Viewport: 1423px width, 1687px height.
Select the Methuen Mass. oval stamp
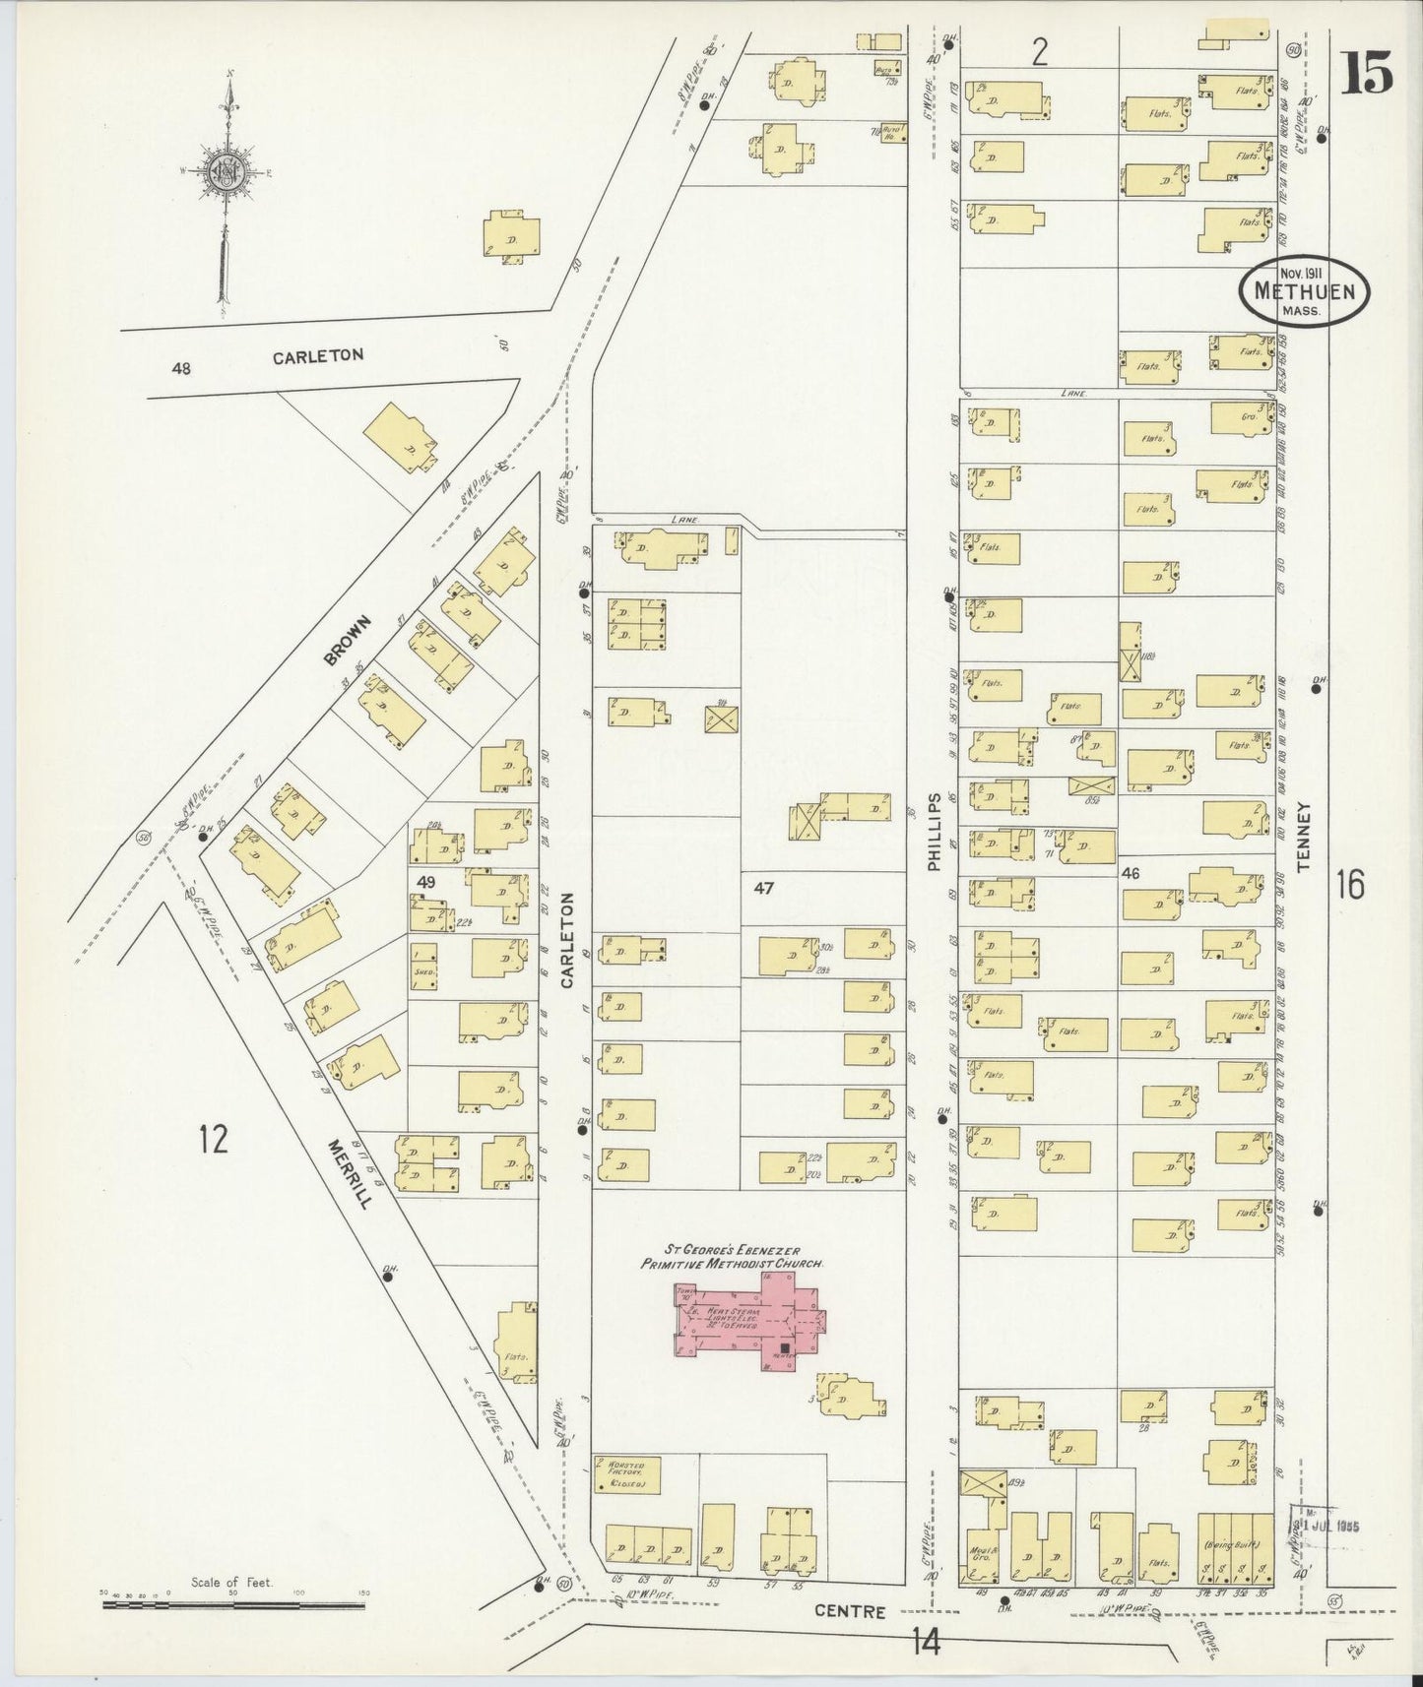click(1303, 291)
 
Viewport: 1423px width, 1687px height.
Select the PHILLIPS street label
click(934, 832)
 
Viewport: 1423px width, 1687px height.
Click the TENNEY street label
click(1305, 837)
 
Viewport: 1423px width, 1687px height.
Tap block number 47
click(764, 888)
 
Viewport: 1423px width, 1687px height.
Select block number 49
click(425, 882)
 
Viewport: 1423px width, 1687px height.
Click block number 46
click(1131, 872)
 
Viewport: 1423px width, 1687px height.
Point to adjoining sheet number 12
click(212, 1140)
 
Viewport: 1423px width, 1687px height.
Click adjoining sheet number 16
click(1350, 886)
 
